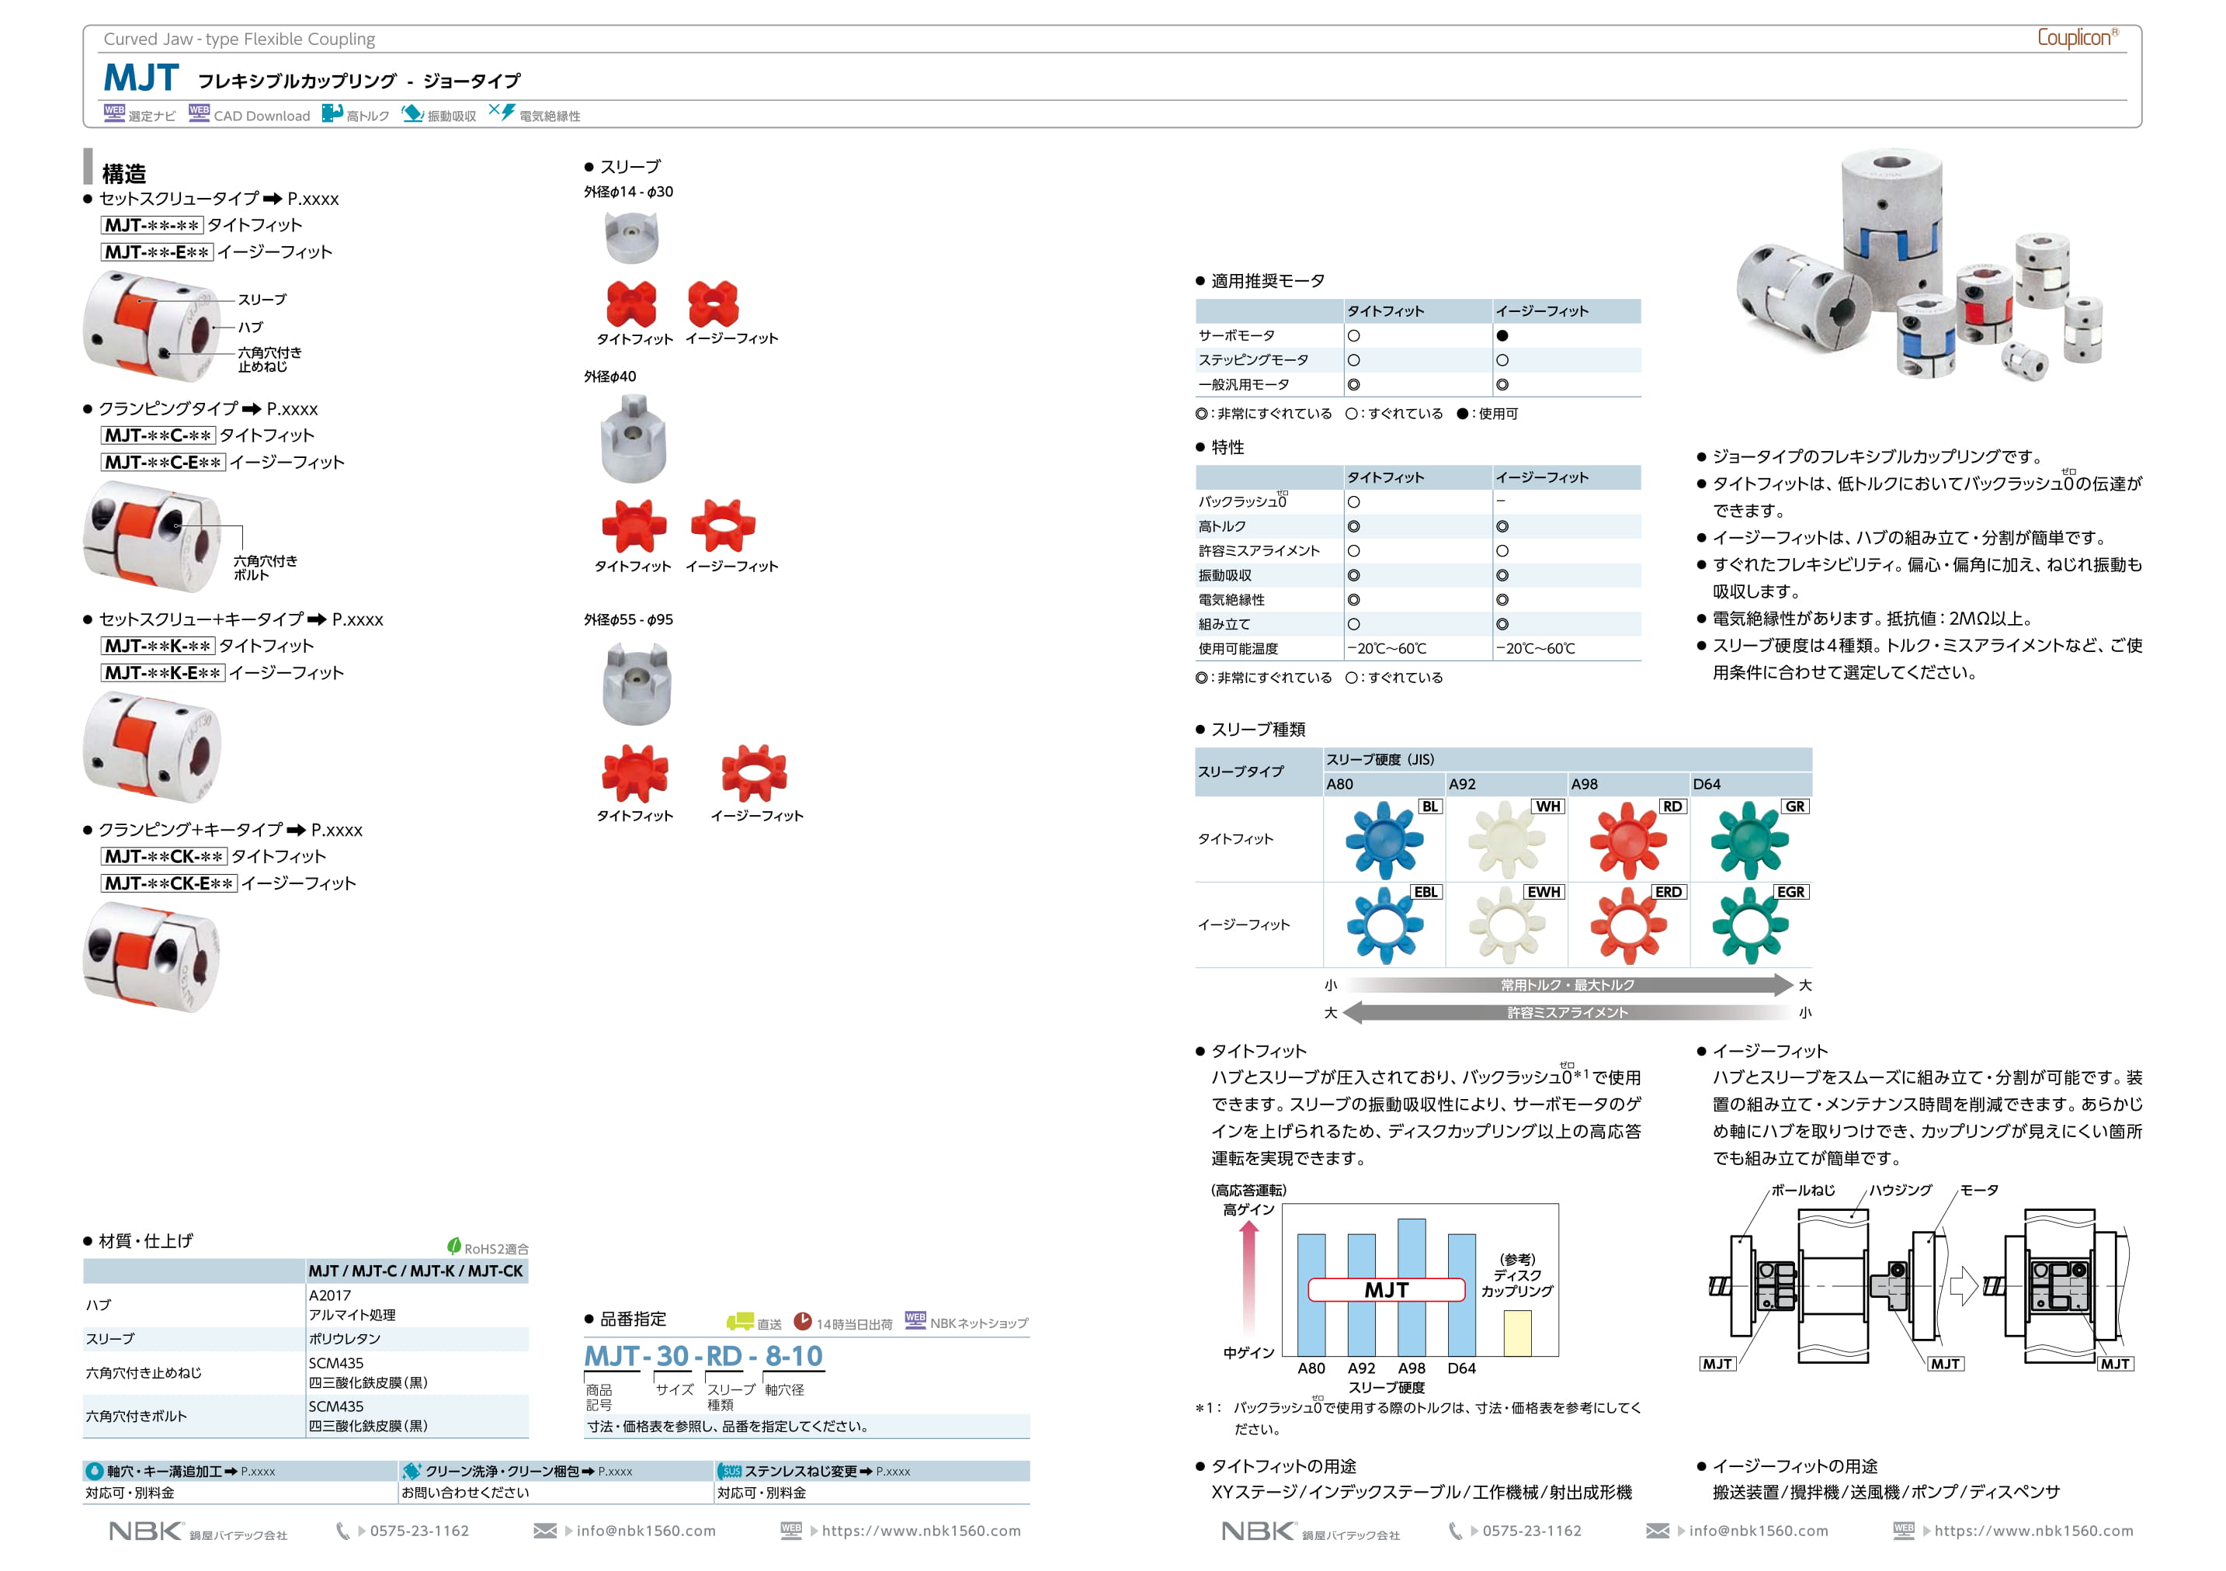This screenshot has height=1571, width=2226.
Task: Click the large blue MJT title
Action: point(141,78)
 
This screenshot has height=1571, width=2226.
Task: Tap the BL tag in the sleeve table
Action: point(1430,806)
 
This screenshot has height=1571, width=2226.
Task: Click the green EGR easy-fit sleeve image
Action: point(1749,925)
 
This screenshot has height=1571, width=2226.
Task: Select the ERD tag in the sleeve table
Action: point(1668,892)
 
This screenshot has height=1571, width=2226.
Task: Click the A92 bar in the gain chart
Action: point(1361,1294)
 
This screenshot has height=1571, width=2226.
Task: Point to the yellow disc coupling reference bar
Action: point(1517,1333)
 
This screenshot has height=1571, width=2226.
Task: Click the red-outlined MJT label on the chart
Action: point(1387,1290)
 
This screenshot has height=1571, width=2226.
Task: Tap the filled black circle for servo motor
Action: point(1502,335)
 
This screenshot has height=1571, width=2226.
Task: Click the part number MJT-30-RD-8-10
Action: point(703,1356)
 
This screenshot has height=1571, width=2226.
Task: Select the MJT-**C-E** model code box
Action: point(163,463)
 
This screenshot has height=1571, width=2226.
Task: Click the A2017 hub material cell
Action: point(331,1295)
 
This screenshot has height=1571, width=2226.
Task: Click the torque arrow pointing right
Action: point(1568,985)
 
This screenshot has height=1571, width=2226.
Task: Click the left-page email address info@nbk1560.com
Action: point(646,1531)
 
